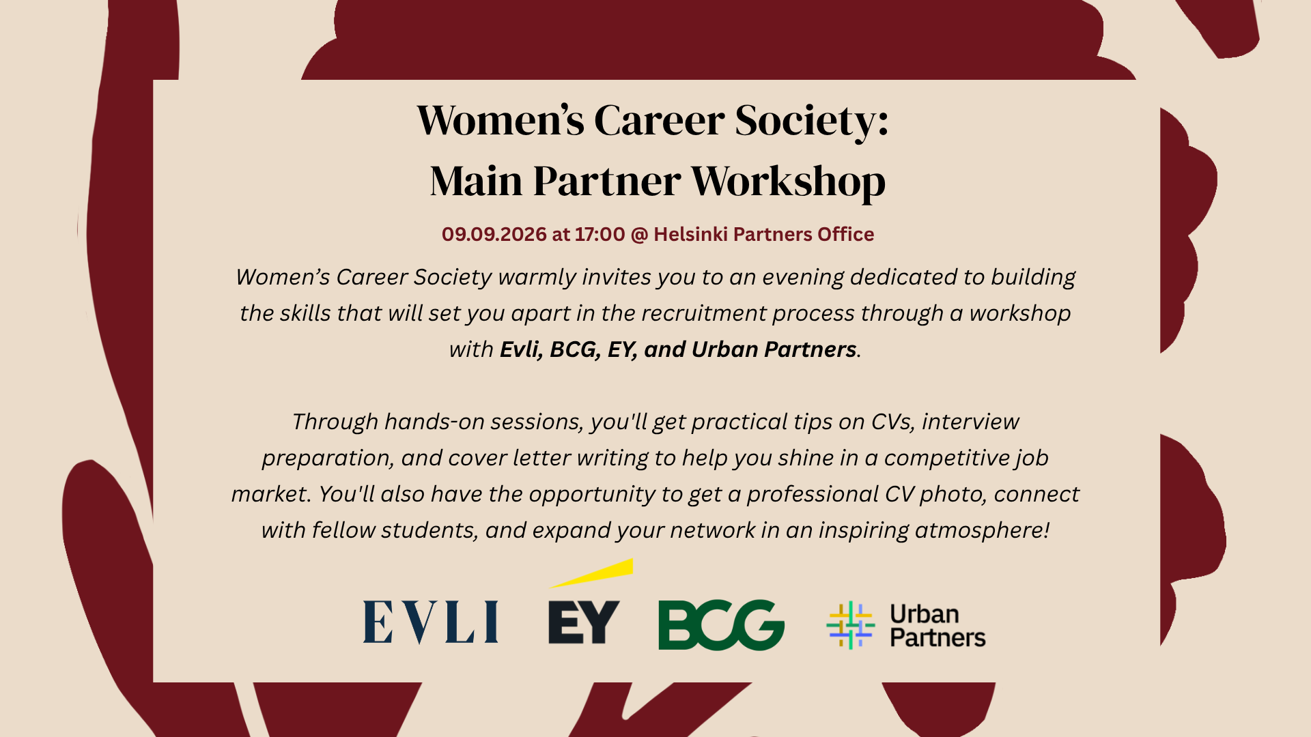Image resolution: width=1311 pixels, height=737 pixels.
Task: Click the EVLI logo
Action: [x=430, y=622]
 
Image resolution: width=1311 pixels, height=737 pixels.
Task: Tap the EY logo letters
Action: [x=584, y=622]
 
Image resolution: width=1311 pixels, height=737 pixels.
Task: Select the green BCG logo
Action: [x=721, y=624]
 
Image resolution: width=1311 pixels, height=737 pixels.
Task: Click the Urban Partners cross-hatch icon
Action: [x=850, y=625]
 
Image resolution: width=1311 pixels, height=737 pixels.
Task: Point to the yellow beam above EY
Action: [x=592, y=573]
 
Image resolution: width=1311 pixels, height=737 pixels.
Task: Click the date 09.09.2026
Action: [x=494, y=234]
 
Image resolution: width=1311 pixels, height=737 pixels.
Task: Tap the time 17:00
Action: [x=600, y=234]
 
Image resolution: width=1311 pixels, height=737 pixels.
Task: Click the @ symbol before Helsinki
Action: [x=639, y=235]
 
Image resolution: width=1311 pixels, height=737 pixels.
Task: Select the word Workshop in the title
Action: [x=788, y=181]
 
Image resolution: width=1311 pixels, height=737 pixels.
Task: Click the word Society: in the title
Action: [x=812, y=120]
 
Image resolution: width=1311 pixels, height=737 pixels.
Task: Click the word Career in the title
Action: [x=659, y=120]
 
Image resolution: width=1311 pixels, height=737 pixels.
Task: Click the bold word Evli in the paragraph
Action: [x=522, y=349]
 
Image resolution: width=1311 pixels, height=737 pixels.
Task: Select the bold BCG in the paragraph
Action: [x=575, y=349]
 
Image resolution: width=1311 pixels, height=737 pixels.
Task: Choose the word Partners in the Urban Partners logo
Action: [x=938, y=638]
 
